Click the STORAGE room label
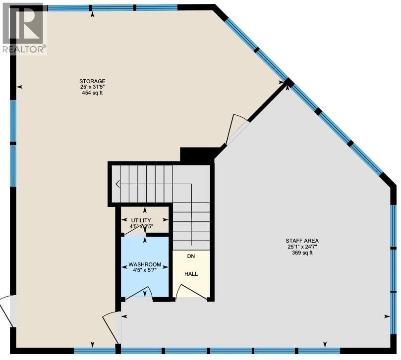tap(92, 81)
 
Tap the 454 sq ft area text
tap(92, 93)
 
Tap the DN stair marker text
tap(191, 257)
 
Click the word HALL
tap(191, 273)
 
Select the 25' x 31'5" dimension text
tap(92, 87)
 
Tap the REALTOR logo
tap(24, 27)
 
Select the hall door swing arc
tap(189, 292)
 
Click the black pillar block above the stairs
tap(197, 155)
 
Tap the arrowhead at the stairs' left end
tap(117, 184)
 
